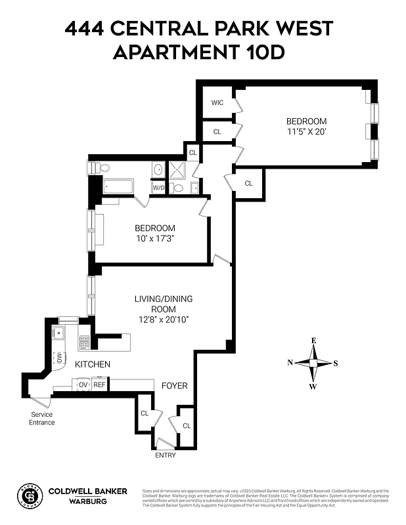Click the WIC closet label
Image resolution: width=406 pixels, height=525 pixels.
tap(217, 103)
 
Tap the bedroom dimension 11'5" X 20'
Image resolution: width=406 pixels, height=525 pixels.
tap(305, 132)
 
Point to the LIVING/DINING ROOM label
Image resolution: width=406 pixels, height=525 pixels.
tap(164, 304)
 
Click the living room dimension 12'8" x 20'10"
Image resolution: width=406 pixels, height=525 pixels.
tap(164, 320)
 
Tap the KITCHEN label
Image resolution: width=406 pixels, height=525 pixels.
tap(92, 364)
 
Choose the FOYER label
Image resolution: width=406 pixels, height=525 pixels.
tap(175, 386)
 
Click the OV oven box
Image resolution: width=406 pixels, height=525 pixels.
tap(83, 385)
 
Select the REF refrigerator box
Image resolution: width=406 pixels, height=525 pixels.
tap(99, 385)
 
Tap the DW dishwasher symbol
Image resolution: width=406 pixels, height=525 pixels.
tap(58, 358)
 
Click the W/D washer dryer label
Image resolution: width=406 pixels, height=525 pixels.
tap(158, 188)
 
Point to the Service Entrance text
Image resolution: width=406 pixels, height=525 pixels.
tap(41, 418)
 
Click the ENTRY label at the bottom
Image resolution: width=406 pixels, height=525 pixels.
tap(165, 455)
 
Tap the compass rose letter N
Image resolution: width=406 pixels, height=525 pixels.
tap(290, 362)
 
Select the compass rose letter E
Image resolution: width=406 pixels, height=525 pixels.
tap(313, 341)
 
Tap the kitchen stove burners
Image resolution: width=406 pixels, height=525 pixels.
tap(84, 342)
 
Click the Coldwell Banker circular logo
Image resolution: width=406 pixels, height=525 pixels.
tap(28, 496)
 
